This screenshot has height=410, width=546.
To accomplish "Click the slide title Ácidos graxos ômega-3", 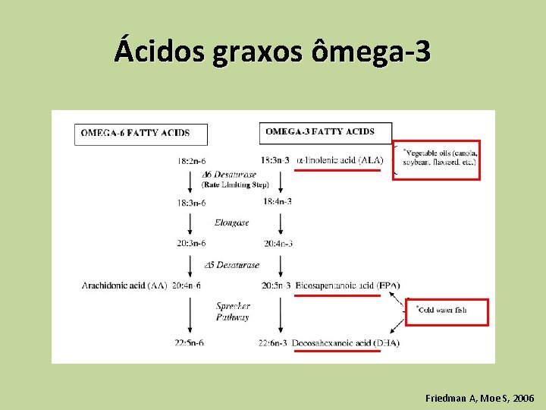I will point(273,52).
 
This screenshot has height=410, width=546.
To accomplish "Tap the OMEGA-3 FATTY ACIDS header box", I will point(325,132).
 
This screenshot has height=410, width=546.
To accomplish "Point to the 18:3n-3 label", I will point(275,160).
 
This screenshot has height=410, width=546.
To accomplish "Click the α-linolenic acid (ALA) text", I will point(340,160).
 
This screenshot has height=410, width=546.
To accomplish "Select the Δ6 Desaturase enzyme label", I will point(229,175).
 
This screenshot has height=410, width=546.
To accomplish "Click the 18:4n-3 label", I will point(278,201).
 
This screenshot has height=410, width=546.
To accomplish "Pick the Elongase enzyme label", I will point(231,223).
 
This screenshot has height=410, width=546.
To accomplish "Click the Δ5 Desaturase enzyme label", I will point(232,265).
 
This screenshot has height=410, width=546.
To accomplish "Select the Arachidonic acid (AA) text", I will point(124,285).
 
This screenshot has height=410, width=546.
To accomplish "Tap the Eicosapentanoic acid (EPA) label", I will point(347,285).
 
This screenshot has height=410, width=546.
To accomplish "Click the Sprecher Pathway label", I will point(233,311).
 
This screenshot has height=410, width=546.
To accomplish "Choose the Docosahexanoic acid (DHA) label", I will point(345,343).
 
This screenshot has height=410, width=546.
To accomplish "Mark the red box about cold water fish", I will point(447,311).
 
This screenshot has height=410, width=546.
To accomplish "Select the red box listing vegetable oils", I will point(438,159).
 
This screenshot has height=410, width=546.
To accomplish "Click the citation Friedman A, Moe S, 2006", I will point(479,398).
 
